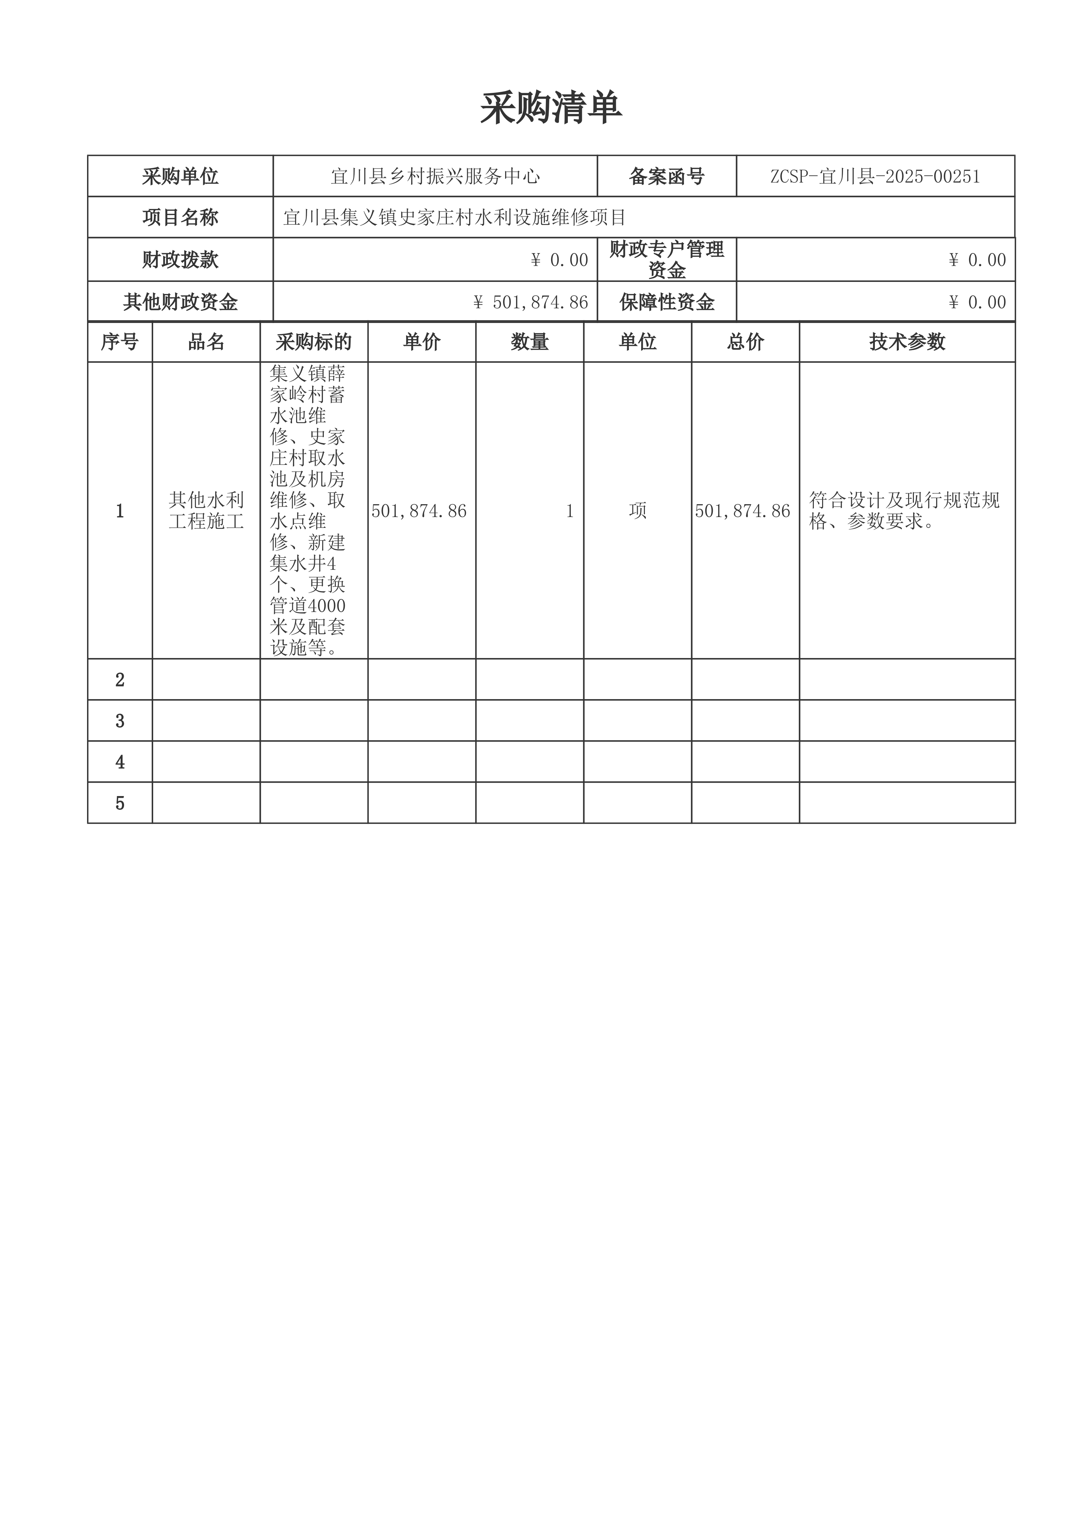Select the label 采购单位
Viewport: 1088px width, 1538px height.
(x=180, y=176)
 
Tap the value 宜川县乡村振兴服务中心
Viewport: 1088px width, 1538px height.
(x=436, y=176)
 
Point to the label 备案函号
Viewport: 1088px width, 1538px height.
(x=667, y=176)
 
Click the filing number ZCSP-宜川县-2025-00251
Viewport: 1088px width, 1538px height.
(x=875, y=176)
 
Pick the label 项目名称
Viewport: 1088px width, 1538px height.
(x=180, y=217)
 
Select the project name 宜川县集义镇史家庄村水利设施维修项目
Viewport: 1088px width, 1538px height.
(x=454, y=217)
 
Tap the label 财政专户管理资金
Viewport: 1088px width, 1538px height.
(x=667, y=260)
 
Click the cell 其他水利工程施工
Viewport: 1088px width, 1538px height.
(x=206, y=510)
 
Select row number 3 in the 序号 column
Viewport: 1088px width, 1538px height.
(x=120, y=721)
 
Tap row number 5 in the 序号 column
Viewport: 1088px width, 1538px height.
(x=120, y=803)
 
